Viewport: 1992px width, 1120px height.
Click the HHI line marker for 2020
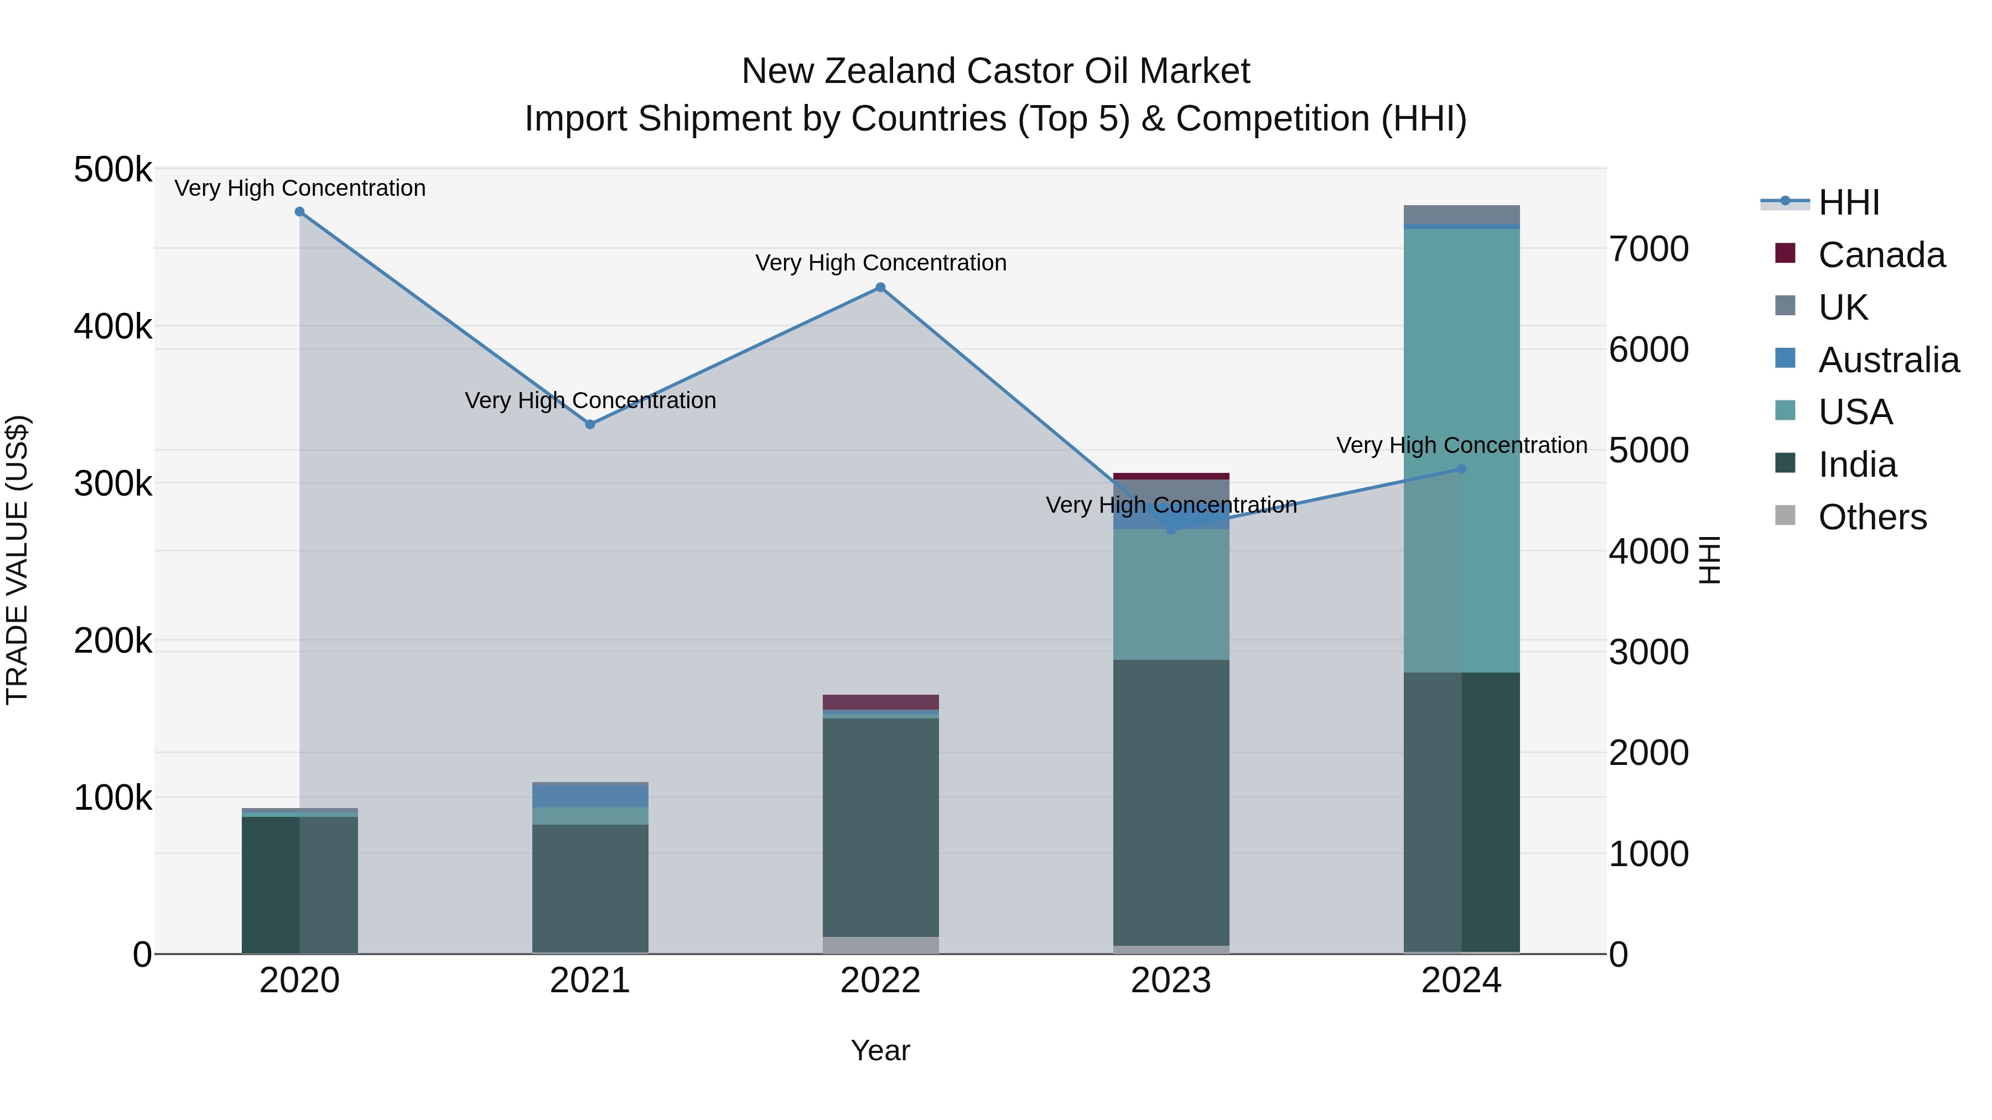[300, 212]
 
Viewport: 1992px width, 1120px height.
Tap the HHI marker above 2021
[590, 424]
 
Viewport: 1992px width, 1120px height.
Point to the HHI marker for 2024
[1461, 469]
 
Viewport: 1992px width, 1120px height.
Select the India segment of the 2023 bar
[1171, 804]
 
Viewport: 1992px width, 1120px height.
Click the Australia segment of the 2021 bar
[590, 796]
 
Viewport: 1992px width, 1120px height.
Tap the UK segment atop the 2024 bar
[1461, 214]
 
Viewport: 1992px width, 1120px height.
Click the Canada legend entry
[1881, 255]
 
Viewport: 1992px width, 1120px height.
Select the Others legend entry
[1871, 517]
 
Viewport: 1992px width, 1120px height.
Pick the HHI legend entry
[1848, 202]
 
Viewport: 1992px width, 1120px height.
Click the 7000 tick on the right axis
[1649, 249]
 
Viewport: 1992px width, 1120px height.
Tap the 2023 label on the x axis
[1171, 981]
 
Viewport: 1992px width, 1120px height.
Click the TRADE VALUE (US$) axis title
[17, 560]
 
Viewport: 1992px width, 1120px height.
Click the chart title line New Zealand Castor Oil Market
[995, 71]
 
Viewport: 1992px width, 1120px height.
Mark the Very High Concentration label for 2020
[300, 188]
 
